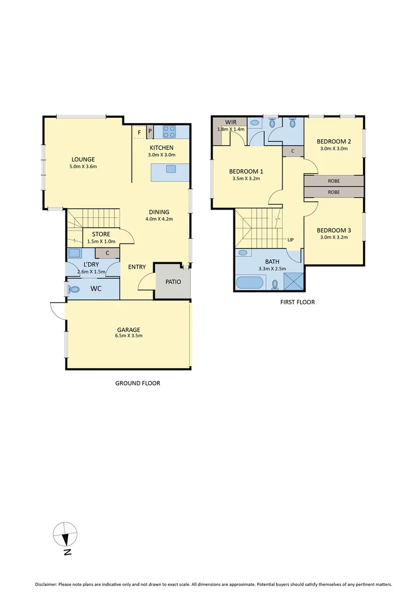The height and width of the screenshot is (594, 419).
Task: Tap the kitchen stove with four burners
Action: pyautogui.click(x=169, y=132)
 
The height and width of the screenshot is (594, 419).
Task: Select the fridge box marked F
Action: pyautogui.click(x=140, y=133)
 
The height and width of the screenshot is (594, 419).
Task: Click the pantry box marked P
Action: pyautogui.click(x=150, y=133)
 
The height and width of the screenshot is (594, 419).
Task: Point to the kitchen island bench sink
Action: pyautogui.click(x=171, y=169)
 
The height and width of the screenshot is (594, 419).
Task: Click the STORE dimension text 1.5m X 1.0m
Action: pyautogui.click(x=101, y=241)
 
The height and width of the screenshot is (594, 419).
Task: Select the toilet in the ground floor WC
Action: pyautogui.click(x=74, y=289)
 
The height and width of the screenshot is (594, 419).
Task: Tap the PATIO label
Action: pyautogui.click(x=172, y=282)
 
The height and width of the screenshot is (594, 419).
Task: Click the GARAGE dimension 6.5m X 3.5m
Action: pyautogui.click(x=127, y=337)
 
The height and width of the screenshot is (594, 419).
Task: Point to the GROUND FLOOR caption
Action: pyautogui.click(x=137, y=383)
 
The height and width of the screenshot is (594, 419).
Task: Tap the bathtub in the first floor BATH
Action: pyautogui.click(x=250, y=284)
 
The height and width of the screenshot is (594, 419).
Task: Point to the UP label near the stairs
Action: pyautogui.click(x=290, y=240)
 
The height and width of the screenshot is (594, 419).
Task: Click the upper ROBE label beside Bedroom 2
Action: pyautogui.click(x=333, y=181)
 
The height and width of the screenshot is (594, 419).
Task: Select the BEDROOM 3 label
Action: pyautogui.click(x=334, y=230)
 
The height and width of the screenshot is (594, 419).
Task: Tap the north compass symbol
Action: pyautogui.click(x=65, y=533)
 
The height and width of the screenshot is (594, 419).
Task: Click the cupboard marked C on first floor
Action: pyautogui.click(x=293, y=151)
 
